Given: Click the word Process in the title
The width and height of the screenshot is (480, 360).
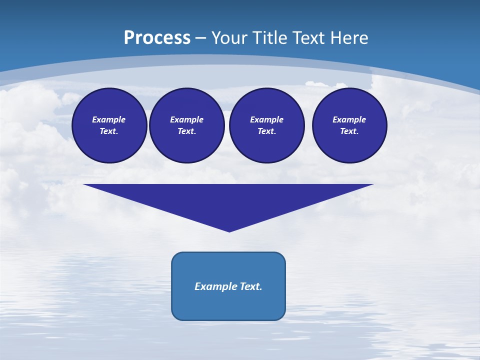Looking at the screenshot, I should point(157,38).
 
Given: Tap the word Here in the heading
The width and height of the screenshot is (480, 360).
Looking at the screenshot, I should point(348,38).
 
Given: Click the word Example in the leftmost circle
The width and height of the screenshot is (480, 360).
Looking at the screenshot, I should point(109,119).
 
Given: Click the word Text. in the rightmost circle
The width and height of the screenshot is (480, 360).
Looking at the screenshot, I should point(349,131).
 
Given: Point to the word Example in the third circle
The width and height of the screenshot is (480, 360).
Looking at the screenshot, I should point(266,119).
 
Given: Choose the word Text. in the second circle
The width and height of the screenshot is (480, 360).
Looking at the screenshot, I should point(186,131).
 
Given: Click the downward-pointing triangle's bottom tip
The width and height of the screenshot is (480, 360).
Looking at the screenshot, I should point(229,230).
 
